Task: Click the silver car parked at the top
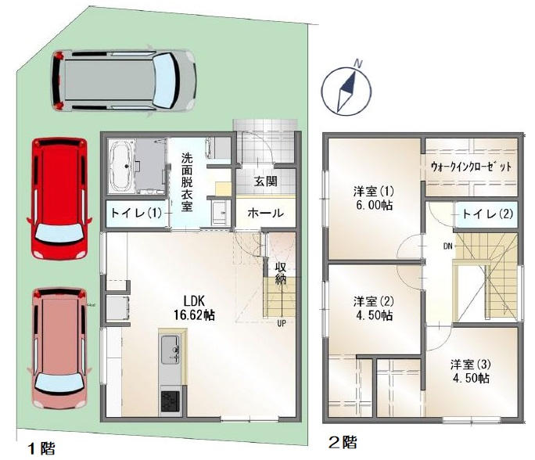pyautogui.click(x=124, y=81)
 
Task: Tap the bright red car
pyautogui.click(x=59, y=198)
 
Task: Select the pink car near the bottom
pyautogui.click(x=59, y=348)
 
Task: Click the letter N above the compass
pyautogui.click(x=358, y=63)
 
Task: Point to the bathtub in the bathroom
pyautogui.click(x=122, y=166)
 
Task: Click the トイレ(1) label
pyautogui.click(x=136, y=214)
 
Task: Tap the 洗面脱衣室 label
pyautogui.click(x=187, y=182)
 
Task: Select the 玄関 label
pyautogui.click(x=265, y=181)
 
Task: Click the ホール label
pyautogui.click(x=265, y=214)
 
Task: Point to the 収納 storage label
pyautogui.click(x=281, y=273)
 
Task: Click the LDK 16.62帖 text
pyautogui.click(x=194, y=308)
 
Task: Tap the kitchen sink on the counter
pyautogui.click(x=171, y=350)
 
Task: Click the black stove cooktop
pyautogui.click(x=171, y=402)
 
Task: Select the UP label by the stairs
pyautogui.click(x=281, y=323)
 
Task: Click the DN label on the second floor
pyautogui.click(x=448, y=246)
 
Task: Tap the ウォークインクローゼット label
pyautogui.click(x=471, y=167)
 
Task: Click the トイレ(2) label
pyautogui.click(x=487, y=214)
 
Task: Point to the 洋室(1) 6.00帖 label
pyautogui.click(x=374, y=198)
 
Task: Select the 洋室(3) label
pyautogui.click(x=471, y=365)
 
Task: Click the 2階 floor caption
pyautogui.click(x=343, y=443)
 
